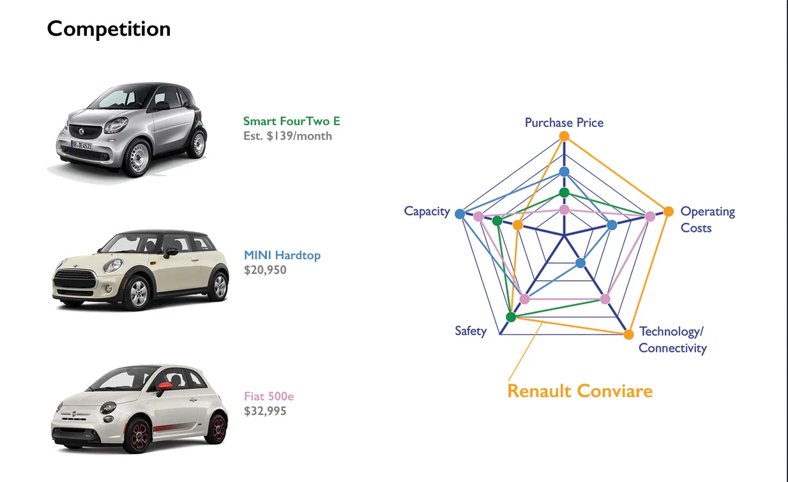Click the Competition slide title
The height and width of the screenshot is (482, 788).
109,29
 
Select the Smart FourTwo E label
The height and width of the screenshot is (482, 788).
292,121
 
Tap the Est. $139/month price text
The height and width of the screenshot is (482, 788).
287,136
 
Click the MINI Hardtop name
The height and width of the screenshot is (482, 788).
282,255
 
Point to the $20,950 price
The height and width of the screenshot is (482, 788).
265,270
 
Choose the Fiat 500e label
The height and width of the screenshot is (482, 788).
269,396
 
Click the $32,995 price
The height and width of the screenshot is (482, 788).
265,411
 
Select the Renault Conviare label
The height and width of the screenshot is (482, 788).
580,391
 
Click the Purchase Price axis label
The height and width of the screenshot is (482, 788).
564,123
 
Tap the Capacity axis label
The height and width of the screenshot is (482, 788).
427,211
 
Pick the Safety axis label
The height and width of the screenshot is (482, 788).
471,331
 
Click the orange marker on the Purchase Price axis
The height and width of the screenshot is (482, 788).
564,136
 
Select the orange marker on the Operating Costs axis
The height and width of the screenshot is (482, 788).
669,212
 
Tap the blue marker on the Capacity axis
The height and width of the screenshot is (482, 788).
460,214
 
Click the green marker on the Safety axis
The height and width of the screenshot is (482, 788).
511,317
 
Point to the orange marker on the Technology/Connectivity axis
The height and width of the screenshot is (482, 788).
628,335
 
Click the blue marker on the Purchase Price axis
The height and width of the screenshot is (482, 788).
564,172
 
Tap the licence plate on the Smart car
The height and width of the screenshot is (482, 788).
81,145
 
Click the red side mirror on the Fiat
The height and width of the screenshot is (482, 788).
165,386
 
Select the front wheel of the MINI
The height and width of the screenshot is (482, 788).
137,293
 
